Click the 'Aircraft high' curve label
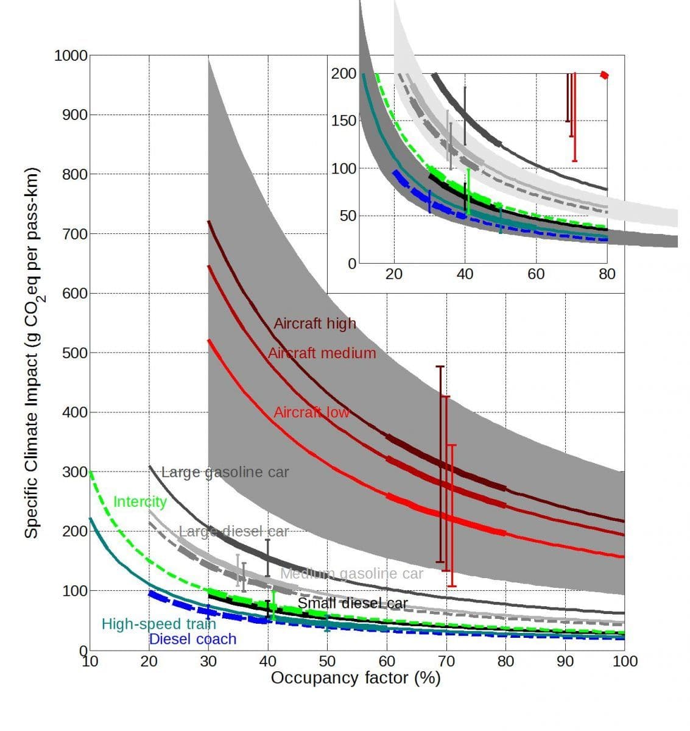(x=314, y=323)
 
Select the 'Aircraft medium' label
(x=322, y=353)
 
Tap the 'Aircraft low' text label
(x=311, y=412)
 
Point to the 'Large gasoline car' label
(x=225, y=472)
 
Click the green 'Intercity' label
(x=140, y=501)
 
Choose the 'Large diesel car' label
(x=233, y=532)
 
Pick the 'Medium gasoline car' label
(x=351, y=573)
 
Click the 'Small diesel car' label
(x=353, y=604)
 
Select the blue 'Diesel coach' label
(x=192, y=638)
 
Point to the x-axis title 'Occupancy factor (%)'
(x=356, y=677)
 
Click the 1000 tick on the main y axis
(x=71, y=55)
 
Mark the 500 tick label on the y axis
(x=74, y=353)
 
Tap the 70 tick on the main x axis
(x=446, y=662)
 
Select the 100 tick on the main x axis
(x=625, y=662)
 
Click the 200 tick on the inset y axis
(x=344, y=74)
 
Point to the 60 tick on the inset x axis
(x=536, y=274)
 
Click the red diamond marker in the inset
(x=604, y=75)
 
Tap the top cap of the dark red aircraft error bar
(x=440, y=367)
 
